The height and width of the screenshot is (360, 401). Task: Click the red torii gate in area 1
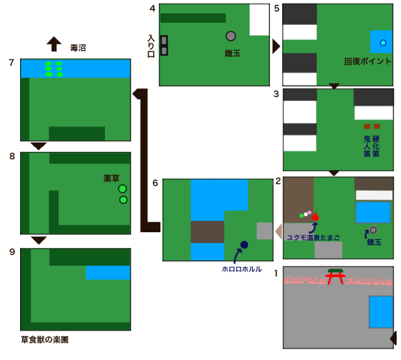tap(336, 276)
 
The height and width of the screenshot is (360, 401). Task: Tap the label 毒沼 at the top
tap(78, 48)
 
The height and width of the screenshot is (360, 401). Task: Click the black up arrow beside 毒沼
tap(53, 44)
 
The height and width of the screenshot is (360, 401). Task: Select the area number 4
tap(152, 8)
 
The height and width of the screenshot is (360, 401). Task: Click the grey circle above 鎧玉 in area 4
tap(231, 36)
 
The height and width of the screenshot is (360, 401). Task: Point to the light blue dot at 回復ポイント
tap(383, 43)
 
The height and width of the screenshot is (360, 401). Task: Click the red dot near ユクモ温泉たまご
tap(315, 217)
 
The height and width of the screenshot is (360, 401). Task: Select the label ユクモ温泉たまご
tap(312, 237)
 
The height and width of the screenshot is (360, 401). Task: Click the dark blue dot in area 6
tap(244, 245)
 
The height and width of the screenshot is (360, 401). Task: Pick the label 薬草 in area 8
tap(112, 178)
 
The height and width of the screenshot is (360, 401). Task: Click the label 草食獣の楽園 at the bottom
tap(44, 340)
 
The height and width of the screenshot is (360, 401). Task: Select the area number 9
tap(12, 252)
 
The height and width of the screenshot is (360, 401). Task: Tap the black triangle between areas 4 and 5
tap(276, 46)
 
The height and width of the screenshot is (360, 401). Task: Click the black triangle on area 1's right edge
tap(393, 340)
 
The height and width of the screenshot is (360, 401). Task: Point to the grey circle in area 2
tap(373, 230)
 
